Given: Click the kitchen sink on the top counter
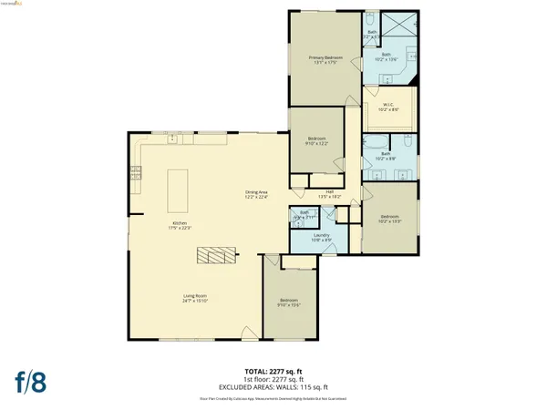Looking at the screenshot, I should [x=172, y=139].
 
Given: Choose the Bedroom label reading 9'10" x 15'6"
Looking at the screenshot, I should [x=289, y=302].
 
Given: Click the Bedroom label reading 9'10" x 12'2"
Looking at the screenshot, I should [x=316, y=140].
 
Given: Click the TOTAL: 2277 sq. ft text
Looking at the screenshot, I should [x=274, y=372].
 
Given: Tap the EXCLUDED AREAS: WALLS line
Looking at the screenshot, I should [x=274, y=386].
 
